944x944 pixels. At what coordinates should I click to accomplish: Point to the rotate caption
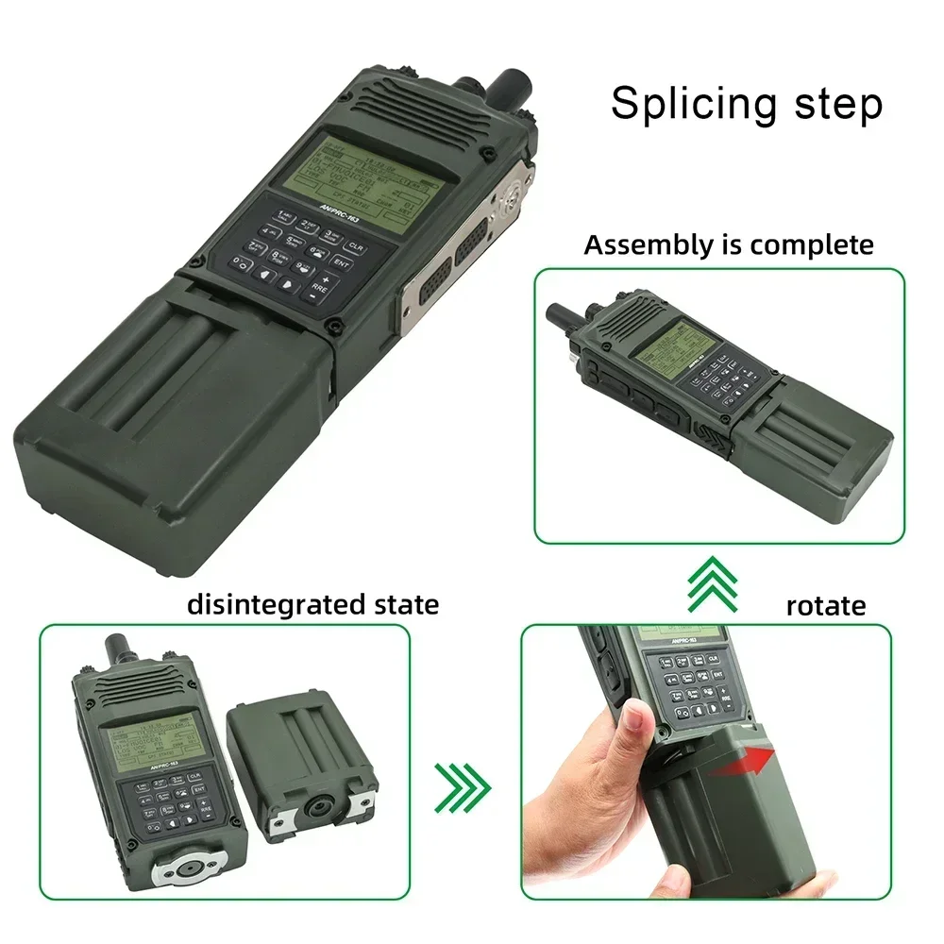(x=825, y=605)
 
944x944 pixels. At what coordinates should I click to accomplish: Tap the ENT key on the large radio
(x=341, y=264)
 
